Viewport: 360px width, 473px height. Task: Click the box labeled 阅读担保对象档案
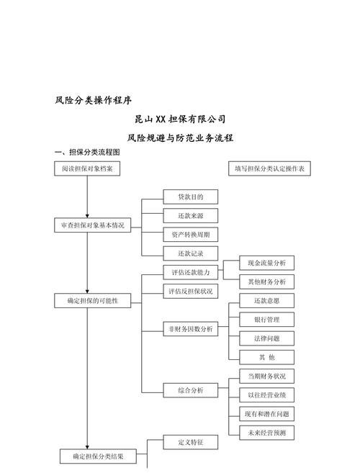point(87,168)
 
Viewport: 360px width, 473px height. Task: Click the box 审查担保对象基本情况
point(93,225)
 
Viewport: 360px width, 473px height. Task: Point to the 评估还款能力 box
point(191,273)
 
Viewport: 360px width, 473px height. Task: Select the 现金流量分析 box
point(266,263)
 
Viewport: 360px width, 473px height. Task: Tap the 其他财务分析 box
point(266,281)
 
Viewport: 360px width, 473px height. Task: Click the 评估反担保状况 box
point(191,292)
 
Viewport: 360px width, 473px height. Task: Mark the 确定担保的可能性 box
point(93,300)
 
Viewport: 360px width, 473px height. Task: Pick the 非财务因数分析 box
point(191,329)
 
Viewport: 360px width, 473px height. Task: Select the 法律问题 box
point(266,338)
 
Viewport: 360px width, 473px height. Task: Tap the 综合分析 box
point(191,390)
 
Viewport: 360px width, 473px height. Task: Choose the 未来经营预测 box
point(266,433)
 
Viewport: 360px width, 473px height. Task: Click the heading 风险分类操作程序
point(93,99)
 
